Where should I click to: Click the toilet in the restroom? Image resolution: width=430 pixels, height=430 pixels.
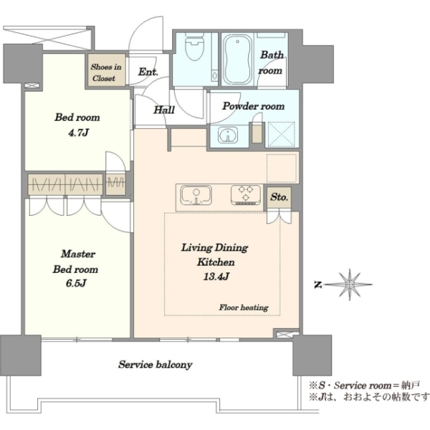click(195, 46)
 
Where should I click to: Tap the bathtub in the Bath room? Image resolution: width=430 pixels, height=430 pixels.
click(237, 59)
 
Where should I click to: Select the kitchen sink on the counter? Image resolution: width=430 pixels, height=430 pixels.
click(196, 196)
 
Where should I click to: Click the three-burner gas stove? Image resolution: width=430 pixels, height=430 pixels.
click(246, 195)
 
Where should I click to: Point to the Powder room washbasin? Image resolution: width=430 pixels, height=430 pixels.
click(228, 135)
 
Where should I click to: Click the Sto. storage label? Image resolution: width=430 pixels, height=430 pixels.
click(279, 197)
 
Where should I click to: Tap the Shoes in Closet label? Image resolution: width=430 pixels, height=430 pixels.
click(106, 72)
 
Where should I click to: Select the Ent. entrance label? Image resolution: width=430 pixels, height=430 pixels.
click(148, 72)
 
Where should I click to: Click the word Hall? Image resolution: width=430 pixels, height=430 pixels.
click(164, 110)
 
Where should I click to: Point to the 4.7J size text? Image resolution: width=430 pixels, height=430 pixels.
click(78, 133)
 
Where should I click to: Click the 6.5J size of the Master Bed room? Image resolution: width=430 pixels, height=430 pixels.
click(76, 283)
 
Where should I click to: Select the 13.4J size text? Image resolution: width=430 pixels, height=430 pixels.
click(216, 277)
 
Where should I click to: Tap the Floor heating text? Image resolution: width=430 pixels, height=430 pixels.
click(244, 307)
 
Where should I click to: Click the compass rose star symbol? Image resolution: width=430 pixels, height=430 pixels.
click(350, 285)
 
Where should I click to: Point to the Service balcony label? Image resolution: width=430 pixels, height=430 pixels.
click(156, 365)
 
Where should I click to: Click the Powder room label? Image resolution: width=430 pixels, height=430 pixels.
click(254, 106)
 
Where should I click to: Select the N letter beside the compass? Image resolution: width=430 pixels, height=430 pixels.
click(318, 285)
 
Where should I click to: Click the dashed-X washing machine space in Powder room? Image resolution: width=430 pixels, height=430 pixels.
click(282, 135)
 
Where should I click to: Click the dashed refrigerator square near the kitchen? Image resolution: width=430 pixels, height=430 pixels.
click(282, 168)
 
